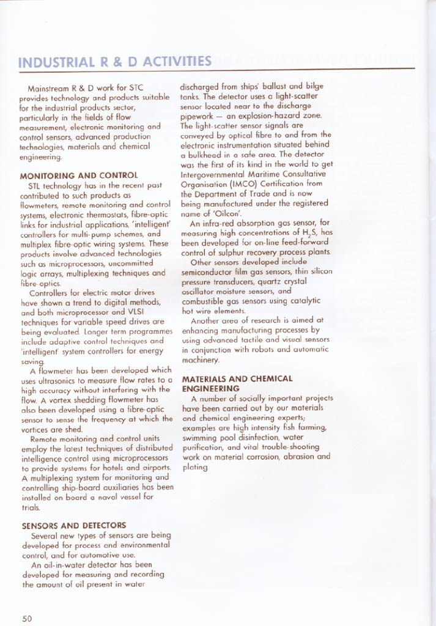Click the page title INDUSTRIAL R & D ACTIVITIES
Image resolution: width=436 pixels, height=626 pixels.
tap(116, 62)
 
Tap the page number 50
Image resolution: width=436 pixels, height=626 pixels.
tap(27, 617)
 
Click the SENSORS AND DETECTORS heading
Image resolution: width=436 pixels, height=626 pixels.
tap(73, 525)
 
